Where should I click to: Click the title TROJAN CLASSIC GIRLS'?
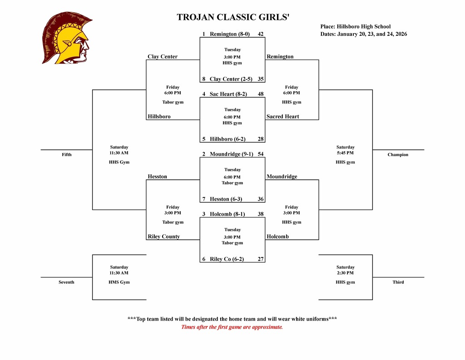point(232,18)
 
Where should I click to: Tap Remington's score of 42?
point(261,34)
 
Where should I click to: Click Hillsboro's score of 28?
point(261,139)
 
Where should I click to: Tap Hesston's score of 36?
point(261,199)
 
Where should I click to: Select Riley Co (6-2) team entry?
point(227,259)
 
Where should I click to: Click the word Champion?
point(398,155)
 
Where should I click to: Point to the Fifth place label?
point(67,155)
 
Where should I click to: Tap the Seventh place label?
point(66,282)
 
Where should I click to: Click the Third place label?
point(398,282)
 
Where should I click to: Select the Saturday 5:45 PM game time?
point(345,150)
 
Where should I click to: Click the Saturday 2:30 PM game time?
point(345,270)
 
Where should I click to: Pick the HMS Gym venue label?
point(119,282)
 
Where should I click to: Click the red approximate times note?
point(232,327)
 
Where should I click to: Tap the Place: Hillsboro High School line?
point(355,26)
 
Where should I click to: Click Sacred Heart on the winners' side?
point(283,117)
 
